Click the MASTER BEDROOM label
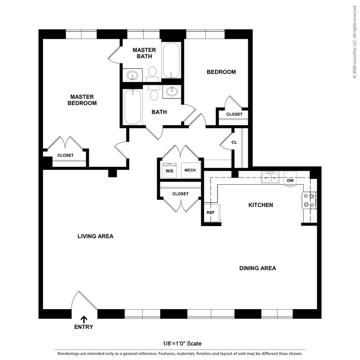82,100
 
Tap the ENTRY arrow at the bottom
84,319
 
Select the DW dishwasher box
290,180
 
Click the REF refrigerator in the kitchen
211,212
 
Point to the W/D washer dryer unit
169,170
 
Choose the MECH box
190,170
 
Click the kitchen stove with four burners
310,200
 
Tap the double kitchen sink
270,177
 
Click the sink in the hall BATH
173,91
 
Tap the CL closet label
234,142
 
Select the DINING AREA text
257,268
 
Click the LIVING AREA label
95,236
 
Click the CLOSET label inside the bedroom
234,114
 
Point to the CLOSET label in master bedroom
65,155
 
